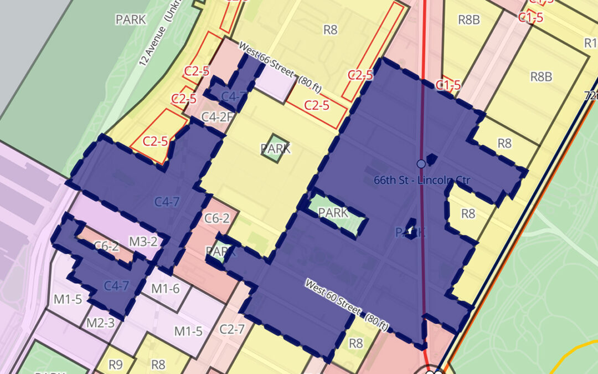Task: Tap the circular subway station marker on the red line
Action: (421, 164)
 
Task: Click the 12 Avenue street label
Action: (153, 43)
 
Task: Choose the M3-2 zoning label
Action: (143, 241)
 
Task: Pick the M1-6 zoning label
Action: (166, 288)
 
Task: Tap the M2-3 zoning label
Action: (100, 323)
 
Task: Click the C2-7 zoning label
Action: (232, 329)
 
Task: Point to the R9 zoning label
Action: (115, 365)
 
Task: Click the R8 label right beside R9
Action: (158, 365)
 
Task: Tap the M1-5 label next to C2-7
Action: (189, 331)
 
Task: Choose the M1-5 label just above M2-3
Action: (68, 300)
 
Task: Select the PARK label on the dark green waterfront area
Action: (131, 19)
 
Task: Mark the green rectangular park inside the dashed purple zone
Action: (333, 213)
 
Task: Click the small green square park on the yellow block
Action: (276, 148)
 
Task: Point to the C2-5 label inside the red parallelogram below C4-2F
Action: (155, 141)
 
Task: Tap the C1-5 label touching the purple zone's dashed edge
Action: (448, 85)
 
